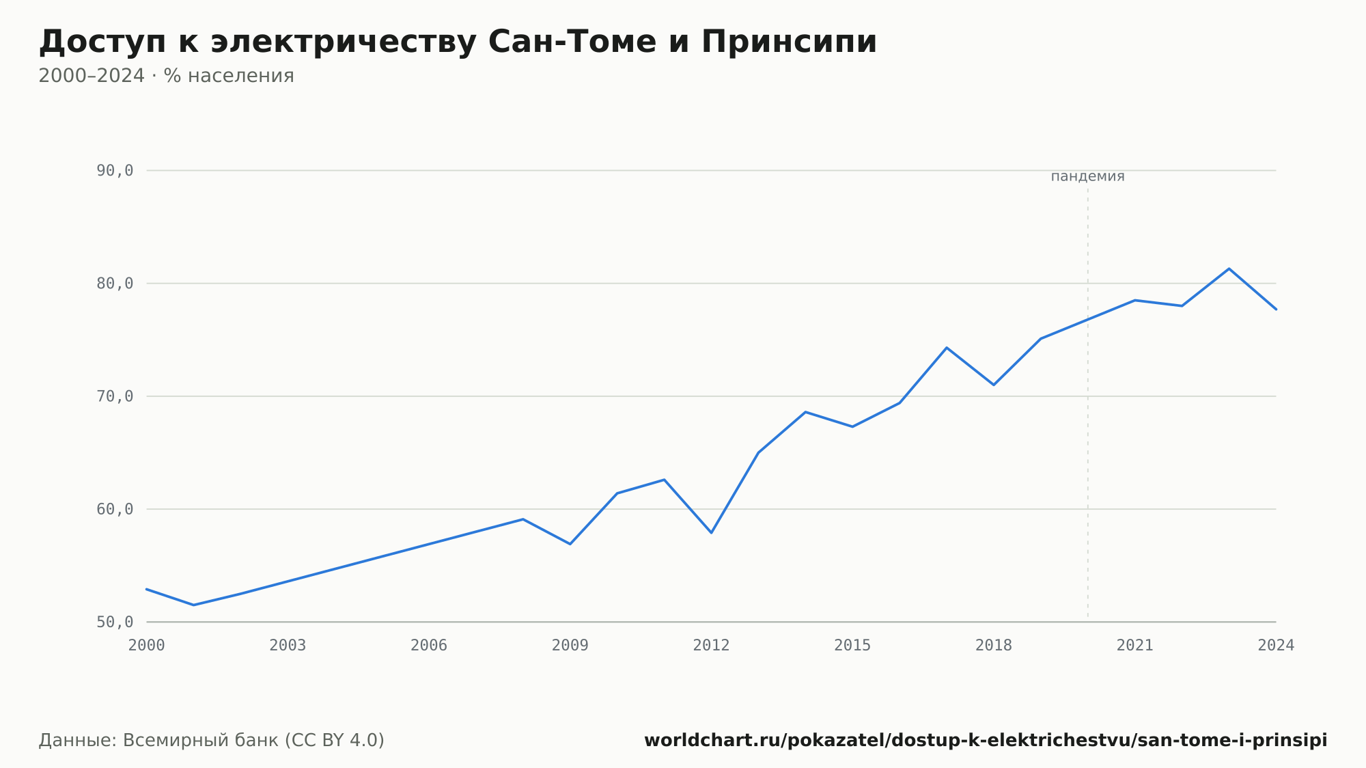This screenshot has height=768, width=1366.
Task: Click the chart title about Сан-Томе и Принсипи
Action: [x=458, y=42]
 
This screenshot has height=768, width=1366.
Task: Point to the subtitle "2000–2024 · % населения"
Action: [x=166, y=76]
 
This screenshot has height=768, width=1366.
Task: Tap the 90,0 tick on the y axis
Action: [x=115, y=171]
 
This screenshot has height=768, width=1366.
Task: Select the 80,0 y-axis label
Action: [x=115, y=284]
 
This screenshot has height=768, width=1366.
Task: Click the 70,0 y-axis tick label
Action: [x=115, y=396]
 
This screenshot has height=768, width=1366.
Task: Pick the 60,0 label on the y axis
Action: [x=115, y=509]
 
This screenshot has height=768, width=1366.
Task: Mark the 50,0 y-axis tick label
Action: [x=115, y=622]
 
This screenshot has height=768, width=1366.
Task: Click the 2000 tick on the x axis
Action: [x=147, y=646]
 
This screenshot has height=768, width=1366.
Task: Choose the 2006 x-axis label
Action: [x=429, y=646]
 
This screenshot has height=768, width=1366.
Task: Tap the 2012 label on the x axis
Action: [x=711, y=646]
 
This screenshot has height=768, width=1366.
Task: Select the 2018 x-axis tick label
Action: [x=994, y=646]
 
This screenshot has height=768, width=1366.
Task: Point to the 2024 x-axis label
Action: [x=1276, y=646]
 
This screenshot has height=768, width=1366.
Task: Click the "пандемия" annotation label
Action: [x=1087, y=176]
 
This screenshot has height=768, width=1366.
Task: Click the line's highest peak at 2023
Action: [x=1229, y=269]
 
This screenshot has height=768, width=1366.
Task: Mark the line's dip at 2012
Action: [x=711, y=532]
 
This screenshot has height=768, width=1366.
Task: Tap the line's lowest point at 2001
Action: [x=194, y=605]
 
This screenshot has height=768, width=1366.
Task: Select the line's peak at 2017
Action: [x=947, y=348]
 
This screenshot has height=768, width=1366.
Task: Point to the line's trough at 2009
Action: [x=570, y=544]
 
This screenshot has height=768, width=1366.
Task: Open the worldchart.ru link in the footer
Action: [x=986, y=741]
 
